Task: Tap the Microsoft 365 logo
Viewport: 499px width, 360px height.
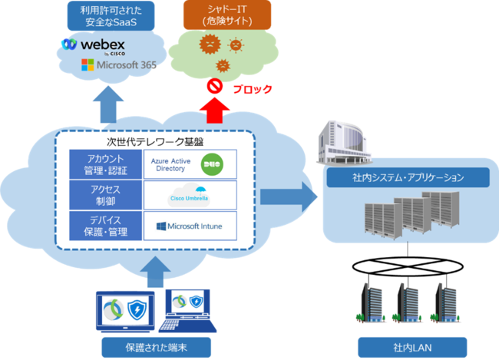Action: [118, 66]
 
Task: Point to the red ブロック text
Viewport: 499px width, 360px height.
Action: [252, 89]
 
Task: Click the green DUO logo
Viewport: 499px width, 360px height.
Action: [211, 163]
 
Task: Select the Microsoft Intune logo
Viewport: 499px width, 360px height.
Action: [189, 226]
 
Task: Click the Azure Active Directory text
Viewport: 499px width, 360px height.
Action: [170, 163]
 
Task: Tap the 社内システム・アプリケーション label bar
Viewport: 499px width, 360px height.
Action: [407, 177]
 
